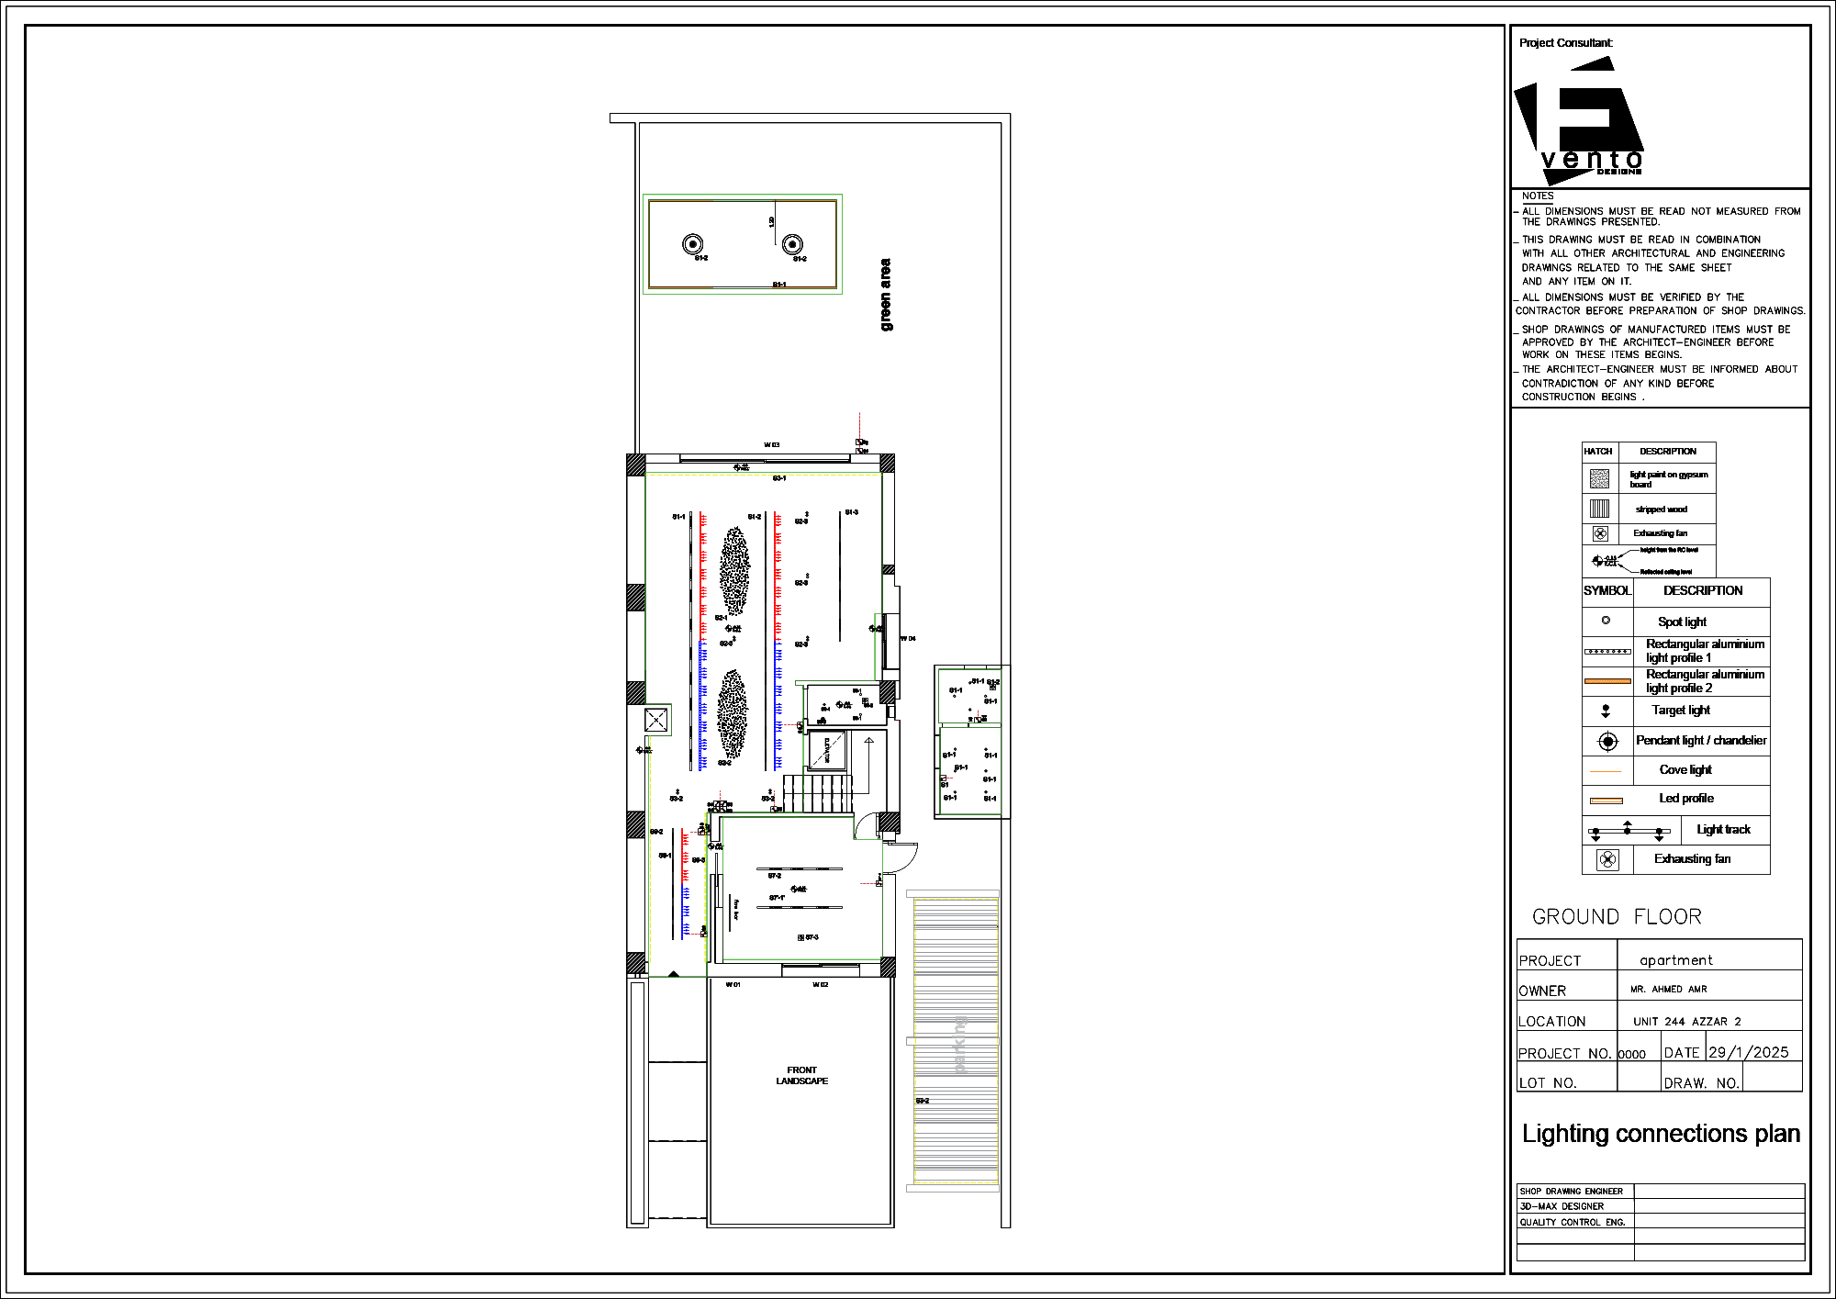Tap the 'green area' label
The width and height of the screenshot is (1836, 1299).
[885, 295]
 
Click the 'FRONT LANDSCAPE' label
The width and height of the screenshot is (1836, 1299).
[801, 1076]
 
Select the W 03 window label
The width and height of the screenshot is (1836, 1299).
[771, 445]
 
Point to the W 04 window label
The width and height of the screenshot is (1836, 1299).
[908, 638]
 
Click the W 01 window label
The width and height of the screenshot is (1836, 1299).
[733, 985]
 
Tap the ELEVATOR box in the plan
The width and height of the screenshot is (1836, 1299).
[826, 750]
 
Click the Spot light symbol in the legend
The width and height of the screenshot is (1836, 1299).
[1606, 621]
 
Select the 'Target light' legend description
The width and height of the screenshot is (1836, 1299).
[1680, 710]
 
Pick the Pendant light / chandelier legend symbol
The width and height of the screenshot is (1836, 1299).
[1607, 741]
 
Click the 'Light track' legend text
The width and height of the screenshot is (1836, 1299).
[1723, 830]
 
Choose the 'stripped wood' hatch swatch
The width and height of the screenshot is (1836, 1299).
[1599, 509]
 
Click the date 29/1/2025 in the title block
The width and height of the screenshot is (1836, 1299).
[1748, 1052]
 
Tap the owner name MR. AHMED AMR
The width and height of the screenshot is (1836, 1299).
[1668, 990]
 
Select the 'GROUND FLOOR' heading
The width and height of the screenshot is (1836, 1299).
[1616, 917]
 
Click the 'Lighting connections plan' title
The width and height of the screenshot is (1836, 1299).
[1660, 1134]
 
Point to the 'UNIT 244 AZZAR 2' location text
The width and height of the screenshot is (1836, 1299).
[1686, 1022]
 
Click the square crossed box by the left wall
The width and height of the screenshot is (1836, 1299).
[655, 720]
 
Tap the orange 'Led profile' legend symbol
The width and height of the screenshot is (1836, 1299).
[1606, 801]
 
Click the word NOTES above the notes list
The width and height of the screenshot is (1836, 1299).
[1537, 196]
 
